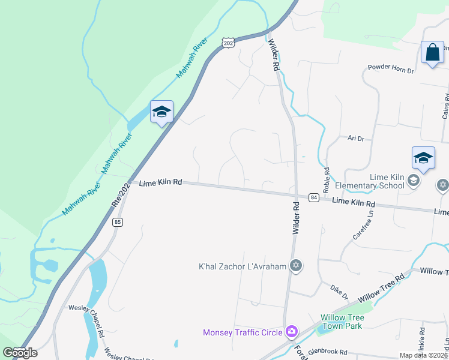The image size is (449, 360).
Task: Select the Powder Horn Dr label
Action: (x=391, y=70)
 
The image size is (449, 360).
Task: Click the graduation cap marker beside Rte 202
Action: (x=161, y=112)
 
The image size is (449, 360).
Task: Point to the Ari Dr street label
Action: (x=356, y=138)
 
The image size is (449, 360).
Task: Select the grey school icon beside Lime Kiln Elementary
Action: (x=413, y=180)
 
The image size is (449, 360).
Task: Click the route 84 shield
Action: (x=313, y=197)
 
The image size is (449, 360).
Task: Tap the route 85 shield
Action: (x=117, y=222)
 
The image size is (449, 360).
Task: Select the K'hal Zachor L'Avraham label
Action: (x=243, y=266)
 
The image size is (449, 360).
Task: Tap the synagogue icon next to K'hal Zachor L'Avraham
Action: (x=295, y=265)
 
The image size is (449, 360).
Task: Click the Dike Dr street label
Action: (x=340, y=292)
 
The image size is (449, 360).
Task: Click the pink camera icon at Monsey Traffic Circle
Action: (x=292, y=331)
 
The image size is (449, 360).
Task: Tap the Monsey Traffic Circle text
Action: (x=243, y=332)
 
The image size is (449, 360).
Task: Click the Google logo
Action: (x=20, y=352)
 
